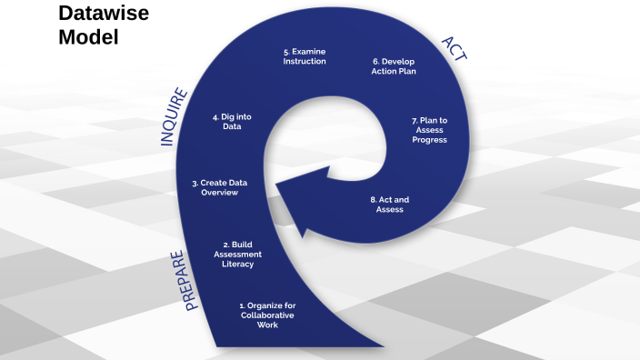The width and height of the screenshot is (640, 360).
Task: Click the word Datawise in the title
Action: pyautogui.click(x=104, y=14)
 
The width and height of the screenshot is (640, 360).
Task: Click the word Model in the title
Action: pyautogui.click(x=88, y=38)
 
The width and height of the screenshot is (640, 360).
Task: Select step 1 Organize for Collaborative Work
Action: pyautogui.click(x=267, y=315)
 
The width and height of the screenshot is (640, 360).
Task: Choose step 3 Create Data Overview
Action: pyautogui.click(x=220, y=187)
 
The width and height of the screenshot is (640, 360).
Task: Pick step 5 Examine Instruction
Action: pyautogui.click(x=304, y=56)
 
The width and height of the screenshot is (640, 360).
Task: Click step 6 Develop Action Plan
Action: pyautogui.click(x=394, y=66)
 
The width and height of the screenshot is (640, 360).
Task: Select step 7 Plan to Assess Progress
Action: pyautogui.click(x=429, y=130)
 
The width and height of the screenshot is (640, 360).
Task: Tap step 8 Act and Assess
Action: pyautogui.click(x=389, y=205)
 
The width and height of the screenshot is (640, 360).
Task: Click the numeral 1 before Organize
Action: pyautogui.click(x=241, y=305)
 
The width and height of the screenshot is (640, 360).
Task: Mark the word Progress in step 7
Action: pyautogui.click(x=429, y=140)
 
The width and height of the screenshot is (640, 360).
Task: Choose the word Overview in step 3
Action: pyautogui.click(x=219, y=193)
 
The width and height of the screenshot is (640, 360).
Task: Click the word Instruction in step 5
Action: pyautogui.click(x=304, y=62)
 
